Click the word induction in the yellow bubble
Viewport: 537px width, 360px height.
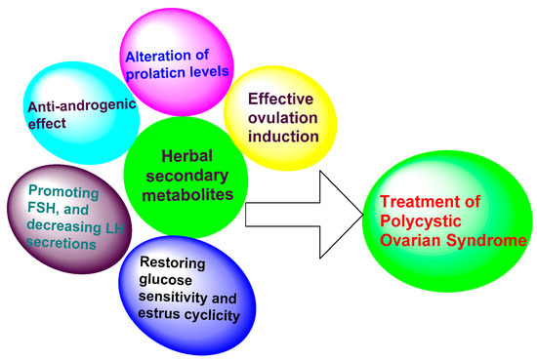282,135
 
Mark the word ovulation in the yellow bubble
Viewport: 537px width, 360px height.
283,116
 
